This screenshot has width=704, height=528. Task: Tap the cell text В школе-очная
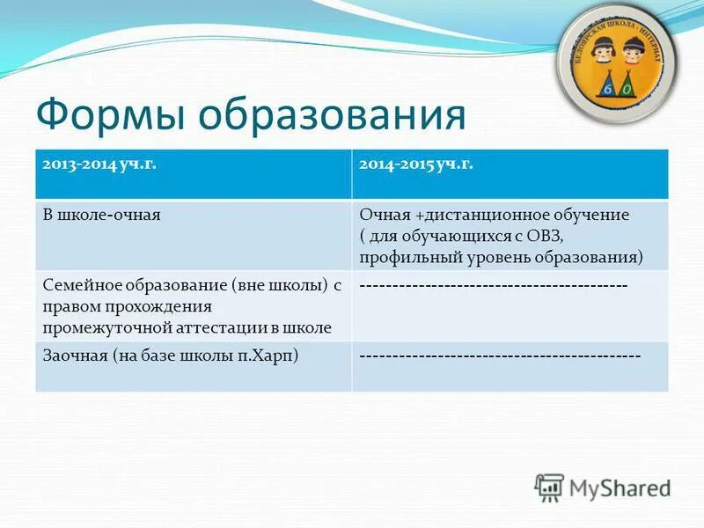(101, 214)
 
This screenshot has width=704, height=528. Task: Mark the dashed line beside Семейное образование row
(494, 286)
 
